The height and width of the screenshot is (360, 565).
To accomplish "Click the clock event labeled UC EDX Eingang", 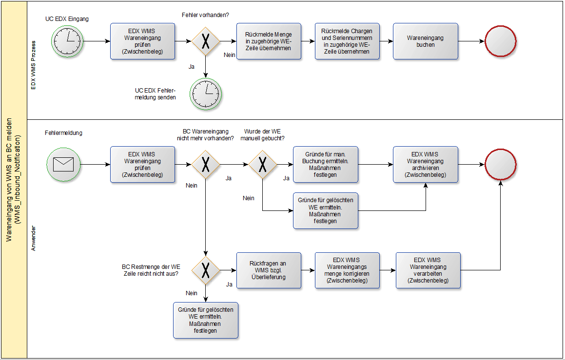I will pos(68,41).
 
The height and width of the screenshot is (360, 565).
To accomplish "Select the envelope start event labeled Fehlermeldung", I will pos(63,164).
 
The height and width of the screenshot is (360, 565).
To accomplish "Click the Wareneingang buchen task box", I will pos(426,41).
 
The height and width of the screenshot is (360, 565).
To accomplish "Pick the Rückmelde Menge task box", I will pos(269,41).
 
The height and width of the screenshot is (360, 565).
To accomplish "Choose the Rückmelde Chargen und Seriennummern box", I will pos(347,41).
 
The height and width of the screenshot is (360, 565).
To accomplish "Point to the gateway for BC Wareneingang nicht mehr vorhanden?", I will pos(206,164).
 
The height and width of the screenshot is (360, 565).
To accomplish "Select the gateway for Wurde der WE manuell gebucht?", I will pos(262,164).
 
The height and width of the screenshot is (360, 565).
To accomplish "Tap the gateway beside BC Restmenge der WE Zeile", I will pos(206,270).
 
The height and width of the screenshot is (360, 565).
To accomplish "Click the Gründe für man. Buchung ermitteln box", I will pos(325,164).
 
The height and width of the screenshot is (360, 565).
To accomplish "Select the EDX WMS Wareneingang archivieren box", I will pos(426,164).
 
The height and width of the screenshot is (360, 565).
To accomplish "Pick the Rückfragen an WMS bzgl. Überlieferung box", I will pos(269,270).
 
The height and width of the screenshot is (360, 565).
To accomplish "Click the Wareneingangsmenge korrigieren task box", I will pos(347,270).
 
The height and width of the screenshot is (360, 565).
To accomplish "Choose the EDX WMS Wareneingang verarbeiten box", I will pos(428,270).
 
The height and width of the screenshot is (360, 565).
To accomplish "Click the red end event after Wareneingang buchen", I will pos(501,41).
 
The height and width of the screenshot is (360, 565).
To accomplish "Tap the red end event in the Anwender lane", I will pos(501,164).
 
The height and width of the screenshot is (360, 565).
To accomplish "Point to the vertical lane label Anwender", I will pos(34,238).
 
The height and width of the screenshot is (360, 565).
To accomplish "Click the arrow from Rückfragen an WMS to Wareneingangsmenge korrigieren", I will pos(308,270).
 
